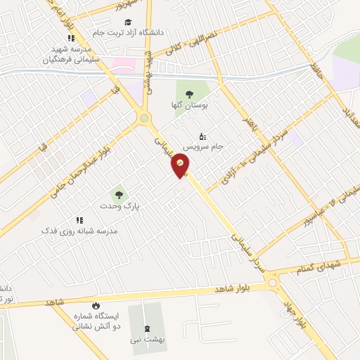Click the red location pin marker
pyautogui.click(x=181, y=165)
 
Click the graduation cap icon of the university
pyautogui.click(x=128, y=21)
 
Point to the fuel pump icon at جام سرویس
pyautogui.click(x=202, y=136)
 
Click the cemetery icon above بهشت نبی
pyautogui.click(x=147, y=328)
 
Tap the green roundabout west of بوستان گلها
pyautogui.click(x=145, y=119)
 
